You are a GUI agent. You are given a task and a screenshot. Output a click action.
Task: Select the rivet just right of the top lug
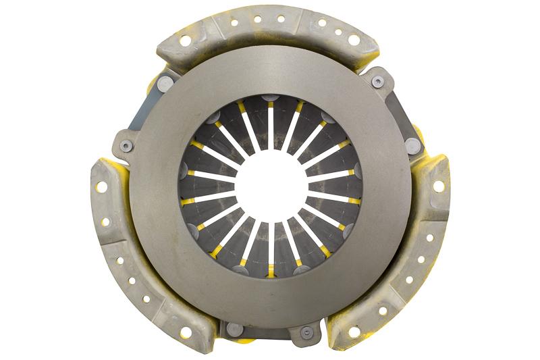[377, 82]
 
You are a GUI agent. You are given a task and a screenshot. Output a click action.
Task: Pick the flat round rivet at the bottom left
[235, 329]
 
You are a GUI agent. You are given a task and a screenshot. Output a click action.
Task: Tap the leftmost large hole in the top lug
[184, 41]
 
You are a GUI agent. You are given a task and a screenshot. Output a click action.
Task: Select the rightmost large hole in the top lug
[353, 41]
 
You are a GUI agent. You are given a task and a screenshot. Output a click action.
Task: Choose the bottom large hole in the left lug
[186, 331]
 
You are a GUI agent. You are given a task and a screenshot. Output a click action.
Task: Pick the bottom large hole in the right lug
[354, 331]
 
